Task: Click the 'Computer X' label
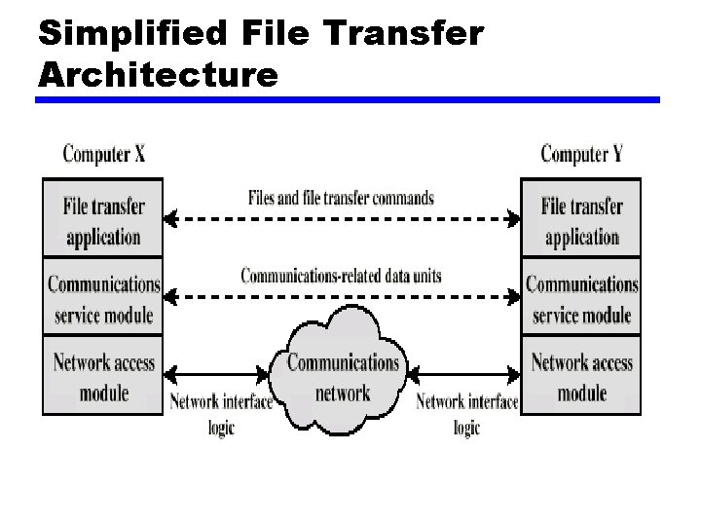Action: [x=103, y=154]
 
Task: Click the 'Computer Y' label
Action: [x=581, y=154]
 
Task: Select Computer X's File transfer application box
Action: [x=102, y=221]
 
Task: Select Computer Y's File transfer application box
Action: [x=581, y=221]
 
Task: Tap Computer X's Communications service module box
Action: [x=102, y=299]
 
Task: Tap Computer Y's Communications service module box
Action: [x=581, y=299]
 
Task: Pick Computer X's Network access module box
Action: [x=102, y=377]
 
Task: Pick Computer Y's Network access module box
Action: [x=581, y=377]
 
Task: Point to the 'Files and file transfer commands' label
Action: [x=341, y=198]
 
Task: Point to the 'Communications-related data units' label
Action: [x=341, y=276]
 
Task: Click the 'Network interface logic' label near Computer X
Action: [x=221, y=414]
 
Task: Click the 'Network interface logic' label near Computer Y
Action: [x=466, y=414]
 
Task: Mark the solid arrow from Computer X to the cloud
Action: [x=220, y=372]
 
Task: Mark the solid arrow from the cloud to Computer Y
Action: [x=465, y=372]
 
